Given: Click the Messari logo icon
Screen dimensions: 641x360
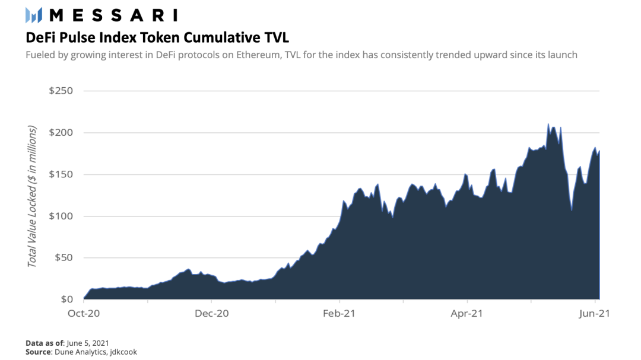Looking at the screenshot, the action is (x=33, y=15).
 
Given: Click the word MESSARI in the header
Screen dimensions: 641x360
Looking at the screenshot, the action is (x=113, y=15).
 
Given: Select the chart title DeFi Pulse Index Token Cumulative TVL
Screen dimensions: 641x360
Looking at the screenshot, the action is (x=157, y=37).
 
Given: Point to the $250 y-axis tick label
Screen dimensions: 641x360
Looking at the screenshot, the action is (x=61, y=91).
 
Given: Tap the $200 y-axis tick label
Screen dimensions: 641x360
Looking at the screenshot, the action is (x=61, y=132).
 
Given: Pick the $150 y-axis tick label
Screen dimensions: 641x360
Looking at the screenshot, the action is (x=61, y=174).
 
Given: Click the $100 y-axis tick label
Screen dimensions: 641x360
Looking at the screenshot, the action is (x=61, y=216).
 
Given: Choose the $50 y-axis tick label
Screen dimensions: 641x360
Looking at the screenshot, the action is (x=64, y=258).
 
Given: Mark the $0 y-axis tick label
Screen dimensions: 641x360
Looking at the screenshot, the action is (x=67, y=300).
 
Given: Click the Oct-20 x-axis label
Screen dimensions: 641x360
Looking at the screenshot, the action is (x=84, y=313).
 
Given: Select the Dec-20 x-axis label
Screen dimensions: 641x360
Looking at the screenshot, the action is (x=212, y=313).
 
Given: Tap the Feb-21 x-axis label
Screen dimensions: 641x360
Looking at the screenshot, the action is (x=339, y=313).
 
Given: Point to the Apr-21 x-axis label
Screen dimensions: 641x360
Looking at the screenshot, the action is (x=467, y=313).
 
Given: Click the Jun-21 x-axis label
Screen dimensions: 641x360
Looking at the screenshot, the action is (x=594, y=313).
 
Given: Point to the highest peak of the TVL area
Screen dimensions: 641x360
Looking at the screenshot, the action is (x=548, y=124).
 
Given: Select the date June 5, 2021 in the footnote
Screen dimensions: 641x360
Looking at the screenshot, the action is (x=87, y=343).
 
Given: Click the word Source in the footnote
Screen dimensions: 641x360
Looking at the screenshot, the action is (x=39, y=352).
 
